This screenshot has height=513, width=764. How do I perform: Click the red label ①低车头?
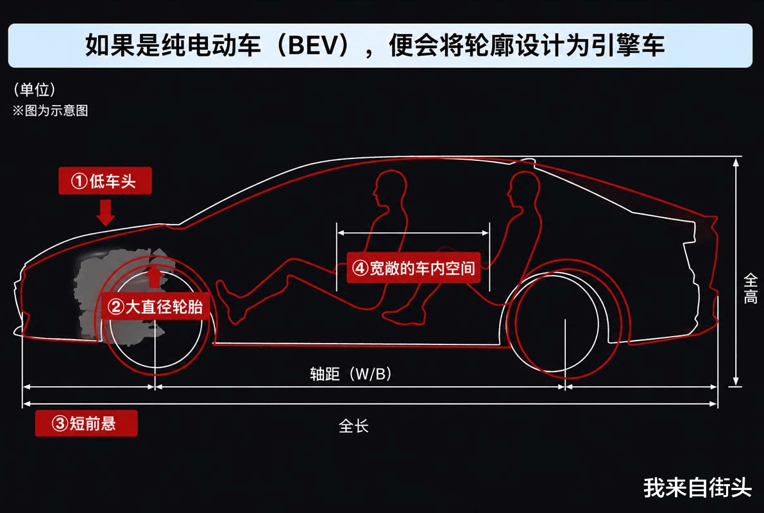pyautogui.click(x=105, y=181)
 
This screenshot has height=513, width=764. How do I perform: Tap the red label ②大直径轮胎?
pyautogui.click(x=155, y=307)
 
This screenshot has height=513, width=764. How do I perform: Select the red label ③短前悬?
pyautogui.click(x=86, y=423)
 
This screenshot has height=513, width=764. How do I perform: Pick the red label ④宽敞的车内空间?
pyautogui.click(x=413, y=267)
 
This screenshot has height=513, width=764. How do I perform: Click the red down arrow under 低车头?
pyautogui.click(x=105, y=212)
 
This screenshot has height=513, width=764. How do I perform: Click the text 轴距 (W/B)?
pyautogui.click(x=351, y=374)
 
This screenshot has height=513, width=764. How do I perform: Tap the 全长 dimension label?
pyautogui.click(x=353, y=426)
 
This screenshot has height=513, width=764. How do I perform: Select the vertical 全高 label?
pyautogui.click(x=751, y=289)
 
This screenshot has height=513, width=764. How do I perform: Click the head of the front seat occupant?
pyautogui.click(x=389, y=188)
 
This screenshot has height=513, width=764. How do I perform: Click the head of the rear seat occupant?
pyautogui.click(x=523, y=190)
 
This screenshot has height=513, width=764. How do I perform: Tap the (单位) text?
pyautogui.click(x=34, y=89)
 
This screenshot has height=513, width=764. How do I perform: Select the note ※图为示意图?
pyautogui.click(x=50, y=110)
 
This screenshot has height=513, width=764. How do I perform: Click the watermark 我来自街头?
pyautogui.click(x=697, y=487)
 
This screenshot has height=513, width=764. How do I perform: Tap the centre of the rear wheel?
pyautogui.click(x=565, y=321)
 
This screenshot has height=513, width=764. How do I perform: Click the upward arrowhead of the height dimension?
pyautogui.click(x=736, y=162)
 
